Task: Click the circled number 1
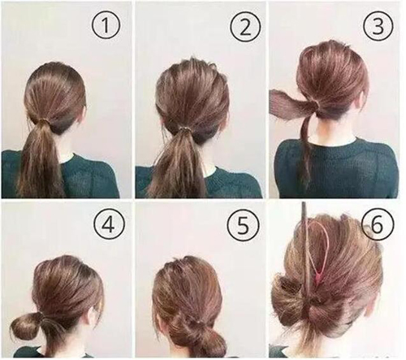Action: [x=106, y=25]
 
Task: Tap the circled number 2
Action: [x=245, y=27]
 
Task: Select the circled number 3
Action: [x=378, y=26]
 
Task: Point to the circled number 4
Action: [x=109, y=224]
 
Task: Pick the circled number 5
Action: [x=243, y=225]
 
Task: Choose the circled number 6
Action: [x=377, y=224]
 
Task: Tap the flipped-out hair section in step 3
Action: [x=291, y=104]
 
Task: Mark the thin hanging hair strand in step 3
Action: [x=305, y=152]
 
